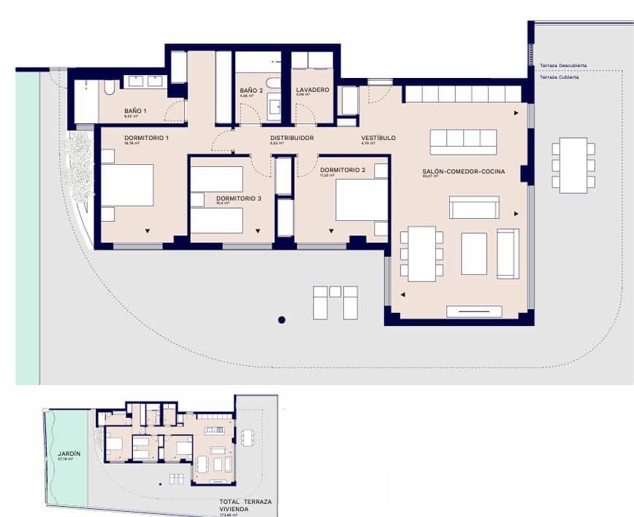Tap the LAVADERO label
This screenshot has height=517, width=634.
(313, 90)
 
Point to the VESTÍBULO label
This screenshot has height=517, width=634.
(378, 138)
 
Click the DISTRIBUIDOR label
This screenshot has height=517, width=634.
(292, 138)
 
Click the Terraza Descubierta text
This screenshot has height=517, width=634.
(563, 66)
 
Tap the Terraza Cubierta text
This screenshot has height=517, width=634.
(559, 77)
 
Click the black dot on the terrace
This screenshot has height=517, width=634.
(281, 319)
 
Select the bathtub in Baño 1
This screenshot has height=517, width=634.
(109, 88)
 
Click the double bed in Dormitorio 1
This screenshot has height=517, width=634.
(127, 185)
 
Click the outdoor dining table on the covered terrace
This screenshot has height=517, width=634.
(573, 165)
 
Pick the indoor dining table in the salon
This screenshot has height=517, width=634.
(422, 254)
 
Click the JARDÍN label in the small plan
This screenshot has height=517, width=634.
(69, 454)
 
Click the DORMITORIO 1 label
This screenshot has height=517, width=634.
(146, 138)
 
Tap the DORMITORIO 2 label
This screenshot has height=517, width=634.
(343, 170)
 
